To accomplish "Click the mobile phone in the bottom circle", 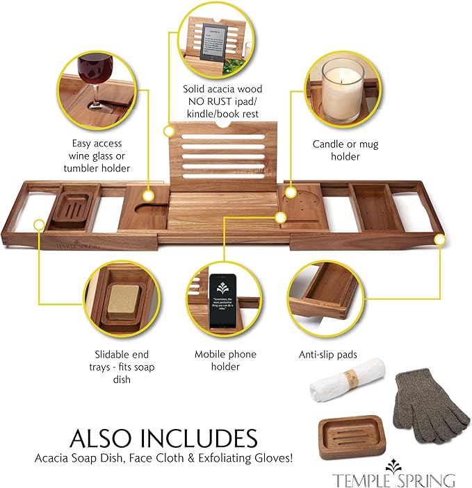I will coord(223,298).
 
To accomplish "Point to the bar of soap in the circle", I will coord(126,300).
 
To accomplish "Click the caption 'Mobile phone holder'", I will coord(225,360).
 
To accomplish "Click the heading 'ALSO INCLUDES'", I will coord(163,439).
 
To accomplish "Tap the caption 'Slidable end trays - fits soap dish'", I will coord(122,367).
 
